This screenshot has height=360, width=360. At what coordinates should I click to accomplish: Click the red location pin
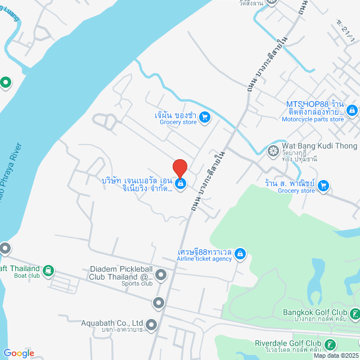pyautogui.click(x=180, y=169)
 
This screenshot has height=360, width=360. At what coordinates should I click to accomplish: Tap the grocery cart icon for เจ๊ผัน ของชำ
pyautogui.click(x=205, y=117)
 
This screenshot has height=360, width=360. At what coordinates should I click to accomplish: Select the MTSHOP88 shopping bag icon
pyautogui.click(x=352, y=110)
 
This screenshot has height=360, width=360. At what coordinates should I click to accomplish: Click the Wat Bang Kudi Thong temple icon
pyautogui.click(x=273, y=150)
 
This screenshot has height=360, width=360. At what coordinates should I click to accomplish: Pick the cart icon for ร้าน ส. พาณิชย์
pyautogui.click(x=323, y=185)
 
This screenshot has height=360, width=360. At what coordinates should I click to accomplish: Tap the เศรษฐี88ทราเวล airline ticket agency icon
pyautogui.click(x=240, y=254)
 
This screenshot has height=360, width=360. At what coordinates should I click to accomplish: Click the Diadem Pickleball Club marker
pyautogui.click(x=161, y=275)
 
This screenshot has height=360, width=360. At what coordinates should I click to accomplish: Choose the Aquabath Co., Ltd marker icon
pyautogui.click(x=152, y=324)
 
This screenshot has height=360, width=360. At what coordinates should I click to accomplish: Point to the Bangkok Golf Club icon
pyautogui.click(x=354, y=313)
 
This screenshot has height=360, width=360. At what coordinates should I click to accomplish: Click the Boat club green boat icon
pyautogui.click(x=49, y=271)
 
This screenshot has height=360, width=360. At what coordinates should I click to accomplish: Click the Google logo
pyautogui.click(x=19, y=353)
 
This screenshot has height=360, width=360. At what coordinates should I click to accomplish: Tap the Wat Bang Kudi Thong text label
pyautogui.click(x=319, y=146)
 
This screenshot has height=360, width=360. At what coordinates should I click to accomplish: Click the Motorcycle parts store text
pyautogui.click(x=313, y=119)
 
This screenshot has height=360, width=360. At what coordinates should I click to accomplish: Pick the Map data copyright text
pyautogui.click(x=336, y=355)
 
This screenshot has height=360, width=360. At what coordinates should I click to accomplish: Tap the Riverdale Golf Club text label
pyautogui.click(x=287, y=343)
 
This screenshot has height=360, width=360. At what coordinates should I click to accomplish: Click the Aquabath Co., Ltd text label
pyautogui.click(x=112, y=323)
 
